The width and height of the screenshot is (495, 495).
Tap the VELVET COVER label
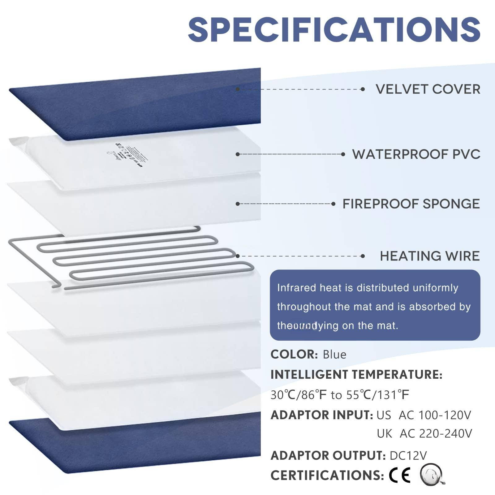428,89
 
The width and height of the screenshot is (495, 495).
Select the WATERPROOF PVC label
416,154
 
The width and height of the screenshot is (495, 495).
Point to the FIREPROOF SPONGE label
411,204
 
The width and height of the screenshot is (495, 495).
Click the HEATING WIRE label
430,256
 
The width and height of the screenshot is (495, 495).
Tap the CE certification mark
400,475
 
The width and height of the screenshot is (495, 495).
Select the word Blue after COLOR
334,355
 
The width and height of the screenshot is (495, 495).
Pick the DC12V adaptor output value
408,455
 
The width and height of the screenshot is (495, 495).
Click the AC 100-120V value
435,415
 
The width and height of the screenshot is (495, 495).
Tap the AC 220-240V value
436,434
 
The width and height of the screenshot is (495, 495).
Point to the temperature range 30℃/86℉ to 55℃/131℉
340,395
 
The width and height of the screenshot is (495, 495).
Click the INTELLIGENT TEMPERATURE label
356,375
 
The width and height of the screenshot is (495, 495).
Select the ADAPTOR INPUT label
322,415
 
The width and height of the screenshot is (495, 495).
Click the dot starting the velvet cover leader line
238,89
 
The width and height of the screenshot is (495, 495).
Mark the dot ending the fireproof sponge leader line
333,204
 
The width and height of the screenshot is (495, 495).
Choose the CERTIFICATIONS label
327,476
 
